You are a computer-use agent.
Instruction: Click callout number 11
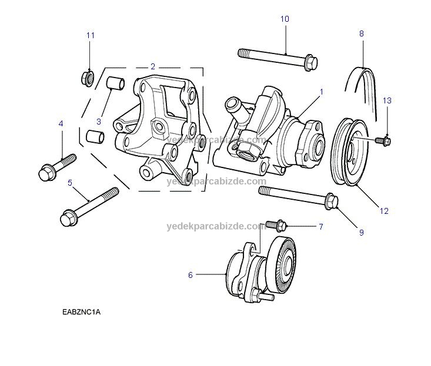[x=91, y=35]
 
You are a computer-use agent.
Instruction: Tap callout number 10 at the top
[x=285, y=19]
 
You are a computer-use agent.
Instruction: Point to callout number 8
[x=362, y=33]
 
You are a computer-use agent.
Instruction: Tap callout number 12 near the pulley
[x=385, y=210]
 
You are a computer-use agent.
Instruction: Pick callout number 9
[x=361, y=233]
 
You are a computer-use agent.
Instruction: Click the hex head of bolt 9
[x=331, y=202]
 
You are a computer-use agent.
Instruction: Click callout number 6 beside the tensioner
[x=191, y=274]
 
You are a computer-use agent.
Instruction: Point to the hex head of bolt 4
[x=47, y=173]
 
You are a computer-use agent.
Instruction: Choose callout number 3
[x=99, y=122]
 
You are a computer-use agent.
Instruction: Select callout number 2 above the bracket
[x=153, y=66]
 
